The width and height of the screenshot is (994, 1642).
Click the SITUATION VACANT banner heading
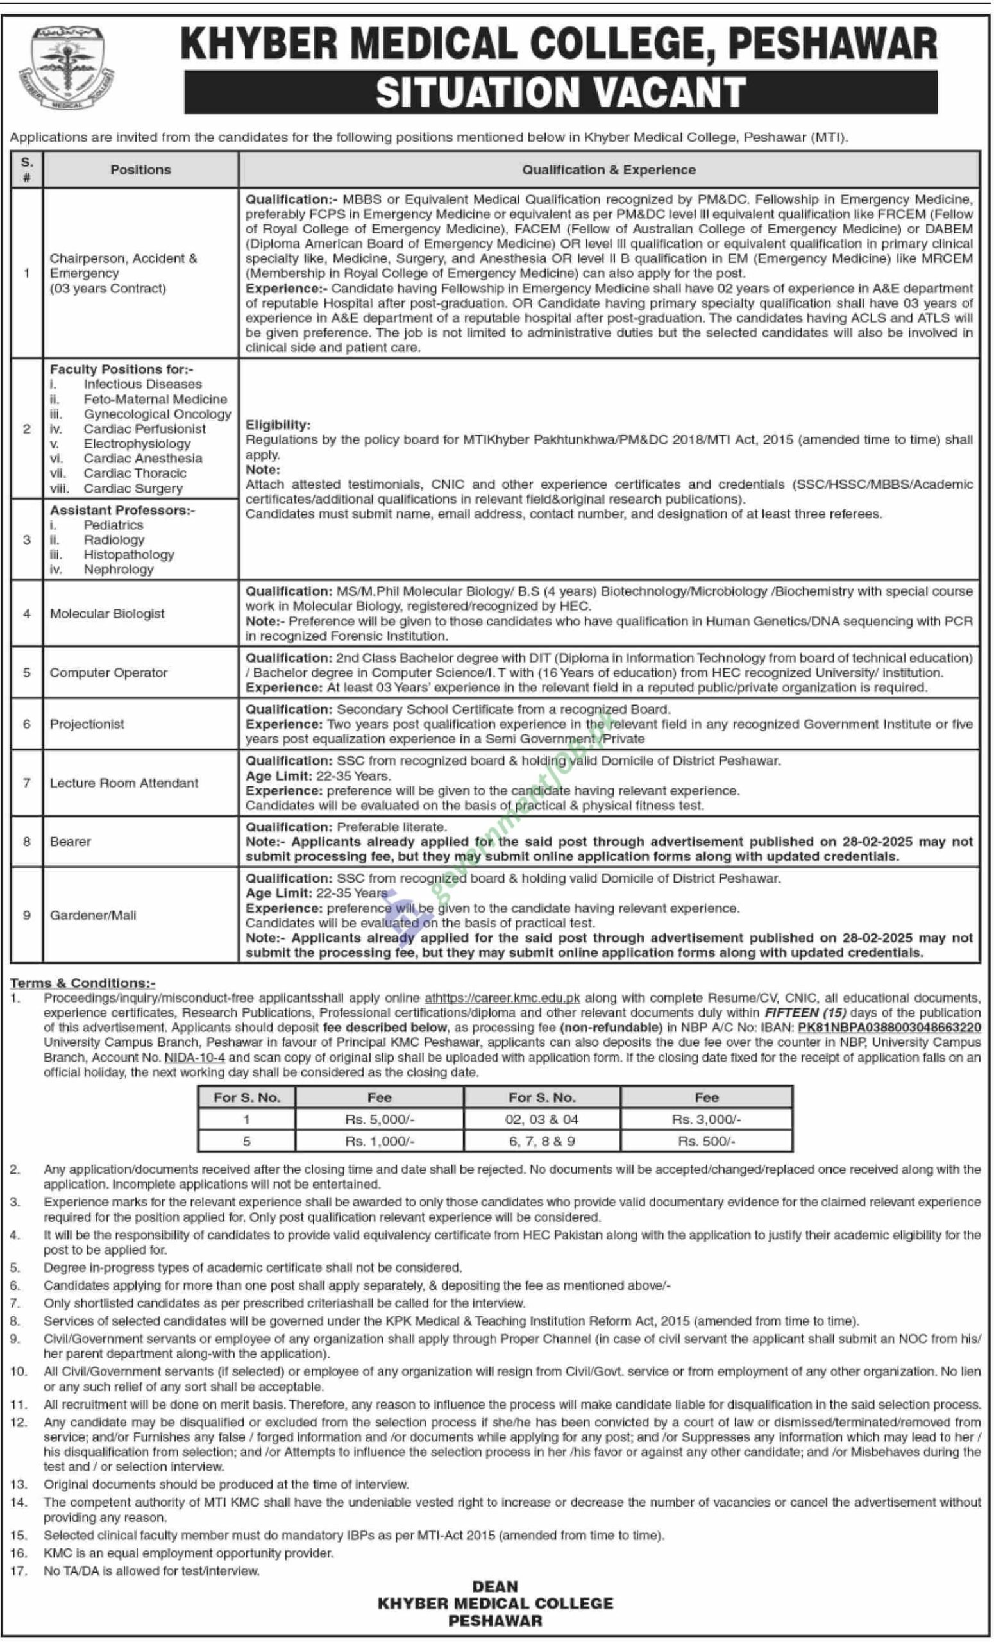(560, 92)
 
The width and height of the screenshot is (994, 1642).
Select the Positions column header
(140, 170)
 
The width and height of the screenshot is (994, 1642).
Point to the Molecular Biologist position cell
(107, 614)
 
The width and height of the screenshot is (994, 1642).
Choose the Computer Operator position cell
(108, 672)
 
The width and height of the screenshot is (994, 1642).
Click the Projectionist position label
(87, 724)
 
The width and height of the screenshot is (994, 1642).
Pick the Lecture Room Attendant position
(124, 783)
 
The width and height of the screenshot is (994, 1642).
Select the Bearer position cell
(71, 842)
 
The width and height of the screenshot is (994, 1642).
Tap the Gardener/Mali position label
(93, 916)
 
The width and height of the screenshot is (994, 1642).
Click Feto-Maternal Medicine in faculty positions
(155, 399)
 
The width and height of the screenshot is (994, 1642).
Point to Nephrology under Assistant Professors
(119, 569)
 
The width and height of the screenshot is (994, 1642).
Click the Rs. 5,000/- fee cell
(379, 1119)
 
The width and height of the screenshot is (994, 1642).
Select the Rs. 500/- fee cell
(706, 1142)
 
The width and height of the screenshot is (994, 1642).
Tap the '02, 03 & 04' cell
(542, 1119)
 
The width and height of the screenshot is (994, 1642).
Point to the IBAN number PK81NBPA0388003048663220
(889, 1028)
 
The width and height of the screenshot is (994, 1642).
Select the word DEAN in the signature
(495, 1587)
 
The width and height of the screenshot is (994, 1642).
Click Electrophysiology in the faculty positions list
(137, 444)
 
